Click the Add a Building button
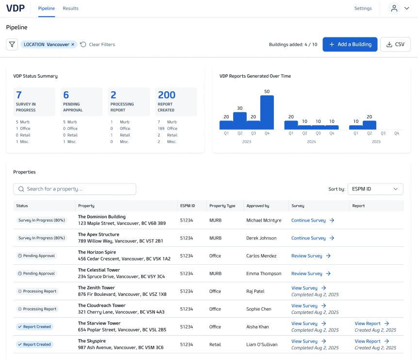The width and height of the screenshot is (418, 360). pos(350,44)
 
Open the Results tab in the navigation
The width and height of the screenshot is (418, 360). pos(71,8)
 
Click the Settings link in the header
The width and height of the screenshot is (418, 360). pos(363,8)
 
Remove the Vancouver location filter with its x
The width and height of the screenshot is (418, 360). pos(73,45)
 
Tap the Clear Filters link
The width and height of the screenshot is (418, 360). pos(98,45)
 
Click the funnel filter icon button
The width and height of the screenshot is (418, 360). pos(12,44)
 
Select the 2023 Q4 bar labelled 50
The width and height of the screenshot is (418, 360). pos(267,112)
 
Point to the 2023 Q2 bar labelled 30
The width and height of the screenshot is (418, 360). pos(240,121)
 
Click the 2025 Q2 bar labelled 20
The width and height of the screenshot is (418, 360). pos(369,125)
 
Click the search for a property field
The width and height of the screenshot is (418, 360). pos(75,189)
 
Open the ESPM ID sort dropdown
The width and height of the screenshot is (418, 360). pos(375,189)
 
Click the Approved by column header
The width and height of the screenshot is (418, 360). pos(258,206)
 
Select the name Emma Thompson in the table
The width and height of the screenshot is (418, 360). pos(264,274)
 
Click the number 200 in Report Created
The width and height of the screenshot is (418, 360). pos(167,95)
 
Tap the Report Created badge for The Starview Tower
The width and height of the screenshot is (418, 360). pos(34,326)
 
